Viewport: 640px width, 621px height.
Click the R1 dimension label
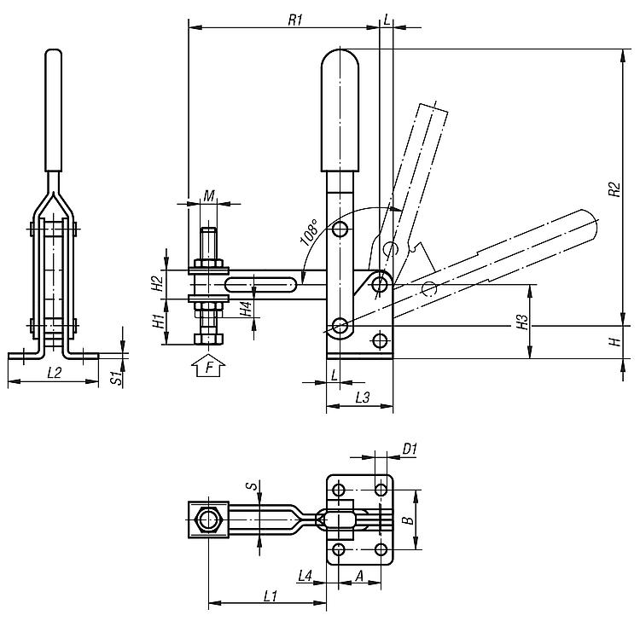coord(296,20)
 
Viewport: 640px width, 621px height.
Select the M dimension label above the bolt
coord(209,195)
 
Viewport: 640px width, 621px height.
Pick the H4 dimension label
coord(246,309)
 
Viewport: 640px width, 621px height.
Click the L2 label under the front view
coord(53,373)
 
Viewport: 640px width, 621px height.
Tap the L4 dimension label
coord(306,577)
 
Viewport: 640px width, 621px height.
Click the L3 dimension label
coord(361,398)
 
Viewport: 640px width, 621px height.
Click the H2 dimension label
coord(157,284)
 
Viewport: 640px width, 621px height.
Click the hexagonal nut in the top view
coord(207,518)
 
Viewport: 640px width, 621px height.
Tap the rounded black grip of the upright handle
coord(341,111)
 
